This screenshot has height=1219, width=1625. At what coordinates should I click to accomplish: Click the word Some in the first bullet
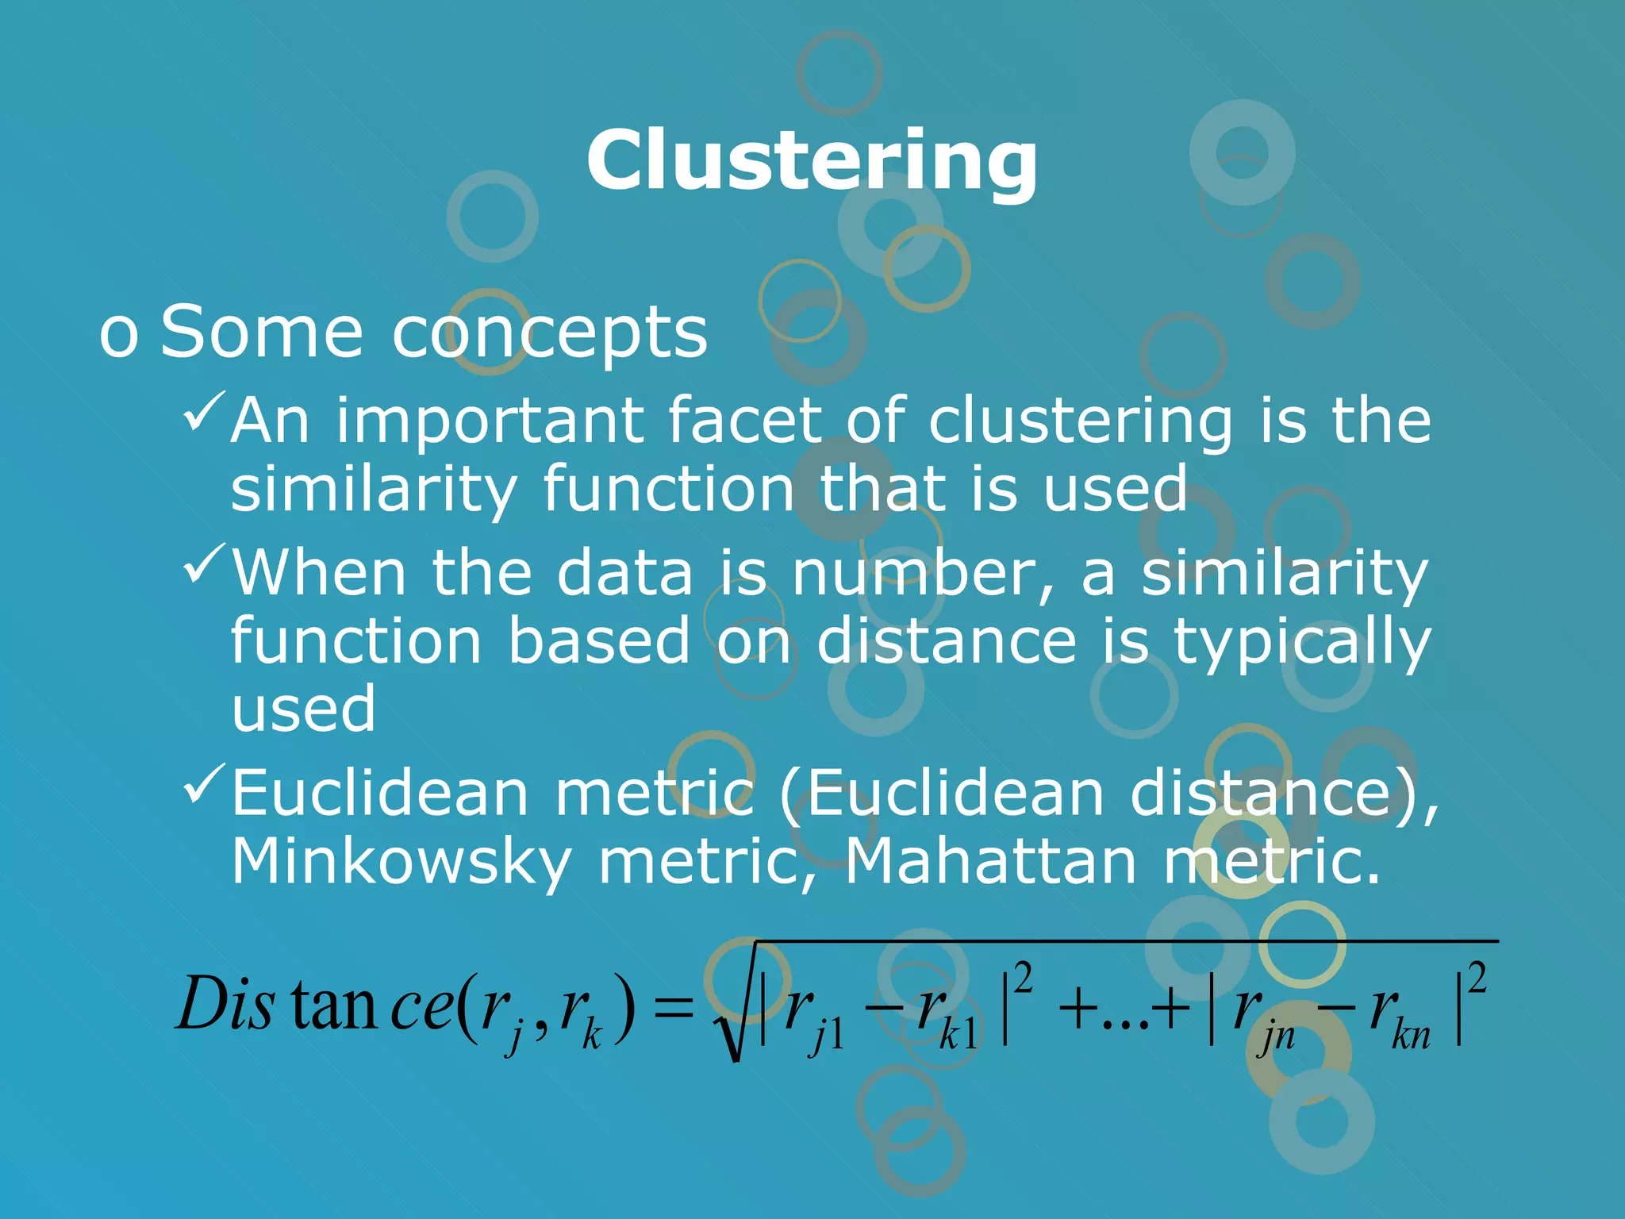[262, 333]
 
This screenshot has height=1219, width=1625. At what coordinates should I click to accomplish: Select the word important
[490, 421]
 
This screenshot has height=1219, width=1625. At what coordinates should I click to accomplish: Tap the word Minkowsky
[401, 863]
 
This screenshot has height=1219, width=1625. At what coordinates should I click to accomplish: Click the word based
[599, 641]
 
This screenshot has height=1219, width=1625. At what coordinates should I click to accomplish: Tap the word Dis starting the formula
[225, 1004]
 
